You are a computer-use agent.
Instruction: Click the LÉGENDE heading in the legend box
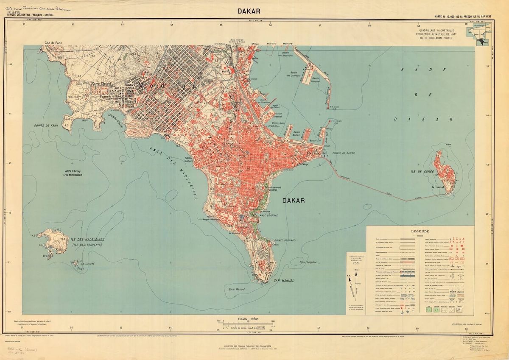pyautogui.click(x=420, y=232)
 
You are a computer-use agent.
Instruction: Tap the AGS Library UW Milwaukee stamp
pyautogui.click(x=71, y=173)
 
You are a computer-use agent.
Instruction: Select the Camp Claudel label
pyautogui.click(x=101, y=84)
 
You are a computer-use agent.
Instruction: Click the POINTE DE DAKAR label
pyautogui.click(x=343, y=153)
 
